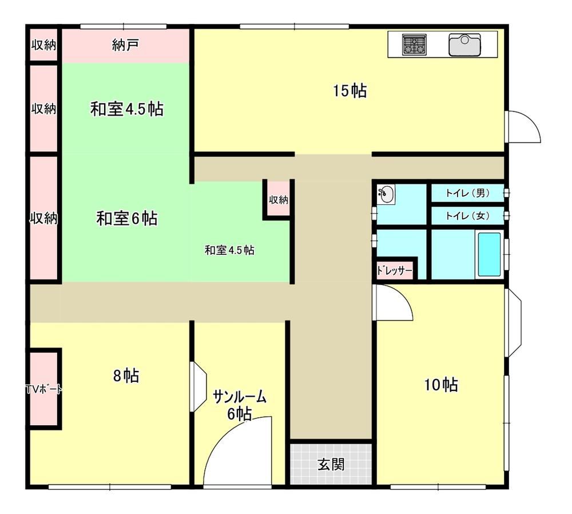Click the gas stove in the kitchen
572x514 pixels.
point(414,45)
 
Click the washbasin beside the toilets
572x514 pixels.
point(385,195)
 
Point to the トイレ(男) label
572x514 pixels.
point(467,193)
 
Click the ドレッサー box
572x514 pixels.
point(395,270)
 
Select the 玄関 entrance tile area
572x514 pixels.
point(331,464)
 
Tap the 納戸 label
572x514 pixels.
point(125,46)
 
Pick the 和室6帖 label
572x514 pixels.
point(126,218)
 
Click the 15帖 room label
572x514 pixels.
point(349,90)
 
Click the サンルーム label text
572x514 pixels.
point(239,397)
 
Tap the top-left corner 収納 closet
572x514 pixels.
point(43,45)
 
